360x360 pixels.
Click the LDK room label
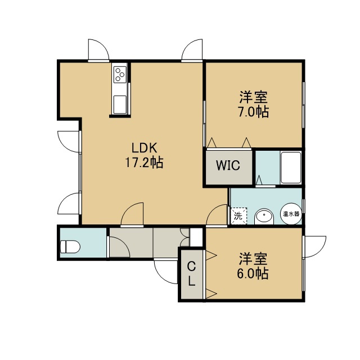click(144, 148)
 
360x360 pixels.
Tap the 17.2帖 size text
click(144, 163)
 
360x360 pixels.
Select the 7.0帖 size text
click(253, 112)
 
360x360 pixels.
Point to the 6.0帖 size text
click(253, 273)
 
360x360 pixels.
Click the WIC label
click(228, 165)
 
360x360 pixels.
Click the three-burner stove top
click(120, 74)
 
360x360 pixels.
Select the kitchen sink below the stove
click(120, 104)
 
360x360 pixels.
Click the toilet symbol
click(70, 247)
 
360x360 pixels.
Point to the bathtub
click(291, 168)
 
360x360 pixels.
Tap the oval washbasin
click(264, 217)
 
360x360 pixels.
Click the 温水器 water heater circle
click(291, 214)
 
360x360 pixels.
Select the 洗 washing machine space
click(238, 215)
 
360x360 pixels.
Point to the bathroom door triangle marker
click(259, 180)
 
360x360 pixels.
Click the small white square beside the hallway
click(196, 237)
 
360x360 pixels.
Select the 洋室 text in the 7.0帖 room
click(254, 97)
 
